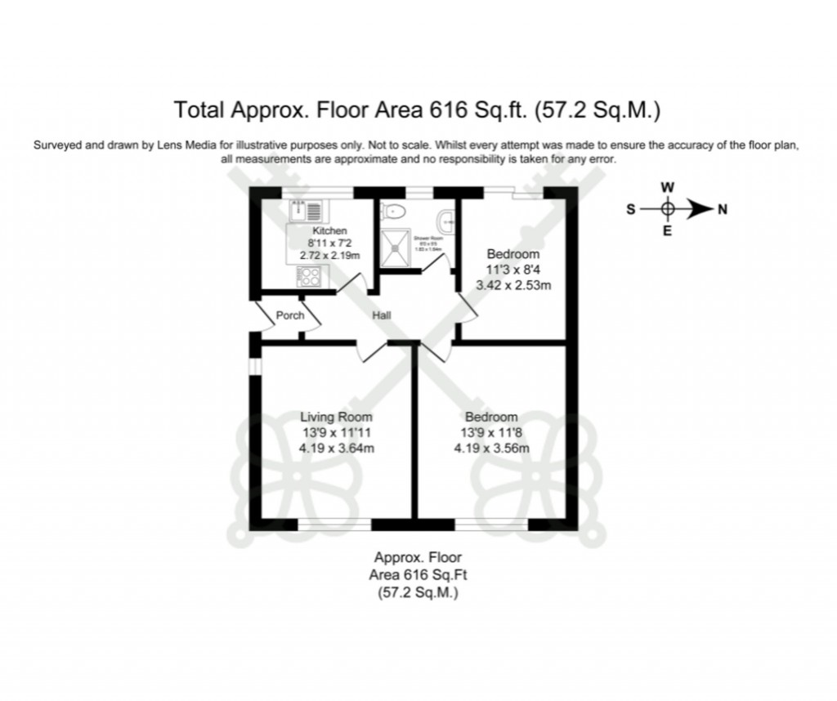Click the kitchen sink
(x=308, y=212)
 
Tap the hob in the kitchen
(x=309, y=277)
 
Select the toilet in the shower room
(x=394, y=212)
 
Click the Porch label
(x=290, y=315)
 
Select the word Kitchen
(x=329, y=231)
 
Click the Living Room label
(x=336, y=417)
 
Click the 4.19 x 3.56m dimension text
(x=492, y=447)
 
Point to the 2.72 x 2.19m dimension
(x=329, y=255)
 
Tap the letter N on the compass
(x=722, y=209)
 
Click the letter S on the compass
(x=630, y=209)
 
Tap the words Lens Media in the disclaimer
(x=188, y=145)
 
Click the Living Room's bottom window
(x=335, y=524)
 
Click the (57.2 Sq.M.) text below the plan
(x=418, y=592)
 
